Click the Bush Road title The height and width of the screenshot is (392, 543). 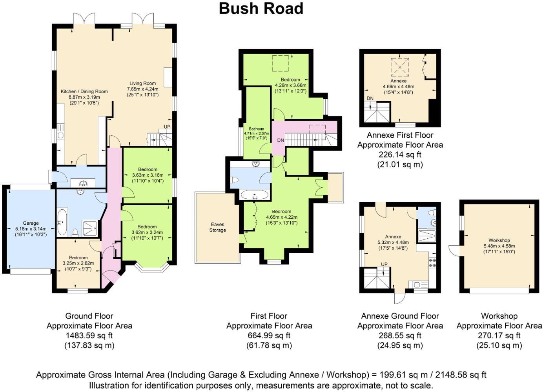[261, 8]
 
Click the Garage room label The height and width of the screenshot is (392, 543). [31, 223]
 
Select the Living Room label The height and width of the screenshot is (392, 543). [143, 83]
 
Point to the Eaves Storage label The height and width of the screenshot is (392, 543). [217, 227]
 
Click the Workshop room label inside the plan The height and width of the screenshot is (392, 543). [499, 240]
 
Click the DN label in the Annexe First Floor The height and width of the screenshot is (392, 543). [370, 98]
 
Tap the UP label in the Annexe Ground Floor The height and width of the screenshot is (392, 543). [384, 264]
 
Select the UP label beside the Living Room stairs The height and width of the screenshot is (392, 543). [167, 127]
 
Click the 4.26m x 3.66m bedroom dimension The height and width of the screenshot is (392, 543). [290, 85]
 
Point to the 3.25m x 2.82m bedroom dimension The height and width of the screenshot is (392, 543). [78, 263]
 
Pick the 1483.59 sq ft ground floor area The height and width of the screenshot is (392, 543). [89, 336]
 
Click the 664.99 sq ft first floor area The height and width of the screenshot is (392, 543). [269, 336]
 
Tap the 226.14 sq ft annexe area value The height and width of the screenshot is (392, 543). [400, 154]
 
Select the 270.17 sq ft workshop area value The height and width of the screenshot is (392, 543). [499, 336]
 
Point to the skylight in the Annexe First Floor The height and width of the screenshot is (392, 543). [400, 67]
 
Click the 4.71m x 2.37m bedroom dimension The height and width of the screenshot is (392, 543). [257, 133]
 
